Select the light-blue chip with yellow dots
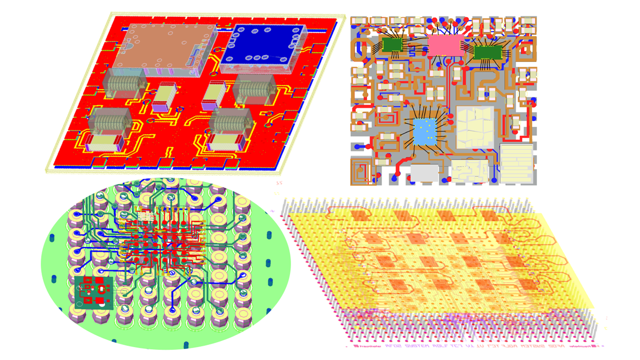coord(425,131)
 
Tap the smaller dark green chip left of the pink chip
coord(392,44)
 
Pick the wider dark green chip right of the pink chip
coord(488,52)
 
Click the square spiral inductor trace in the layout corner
coord(361,170)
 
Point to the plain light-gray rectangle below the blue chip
coord(424,173)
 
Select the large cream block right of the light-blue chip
coord(475,128)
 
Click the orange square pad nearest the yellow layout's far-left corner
coord(359,216)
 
